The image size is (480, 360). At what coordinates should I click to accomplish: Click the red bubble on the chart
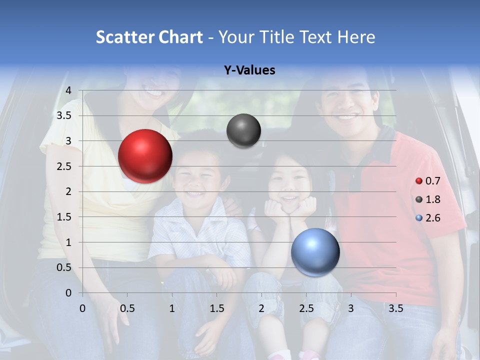tap(145, 156)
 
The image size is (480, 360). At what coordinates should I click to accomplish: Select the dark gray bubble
tap(243, 131)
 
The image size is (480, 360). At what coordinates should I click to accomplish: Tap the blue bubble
tap(315, 252)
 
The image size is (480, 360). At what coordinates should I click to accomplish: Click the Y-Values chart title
tap(249, 70)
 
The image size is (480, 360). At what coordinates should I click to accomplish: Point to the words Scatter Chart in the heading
tap(149, 37)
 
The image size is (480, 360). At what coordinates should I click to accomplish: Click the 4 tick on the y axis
tap(68, 90)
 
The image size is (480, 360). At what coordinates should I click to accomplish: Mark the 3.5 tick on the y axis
tap(64, 115)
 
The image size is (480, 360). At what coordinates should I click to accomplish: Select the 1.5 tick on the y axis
tap(64, 217)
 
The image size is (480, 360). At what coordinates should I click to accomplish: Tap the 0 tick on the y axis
tap(68, 293)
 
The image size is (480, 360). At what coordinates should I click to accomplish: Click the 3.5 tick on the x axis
tap(396, 308)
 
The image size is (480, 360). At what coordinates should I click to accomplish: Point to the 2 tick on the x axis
tap(261, 308)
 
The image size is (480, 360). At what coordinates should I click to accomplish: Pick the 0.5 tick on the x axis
tap(127, 308)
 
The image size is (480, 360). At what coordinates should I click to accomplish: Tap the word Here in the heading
tap(356, 37)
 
